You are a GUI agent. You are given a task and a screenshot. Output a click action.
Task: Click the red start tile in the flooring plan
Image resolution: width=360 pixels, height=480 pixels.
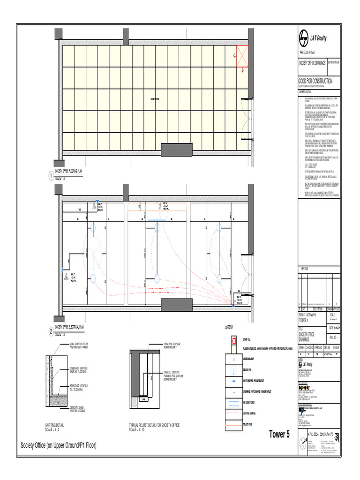[x=242, y=55]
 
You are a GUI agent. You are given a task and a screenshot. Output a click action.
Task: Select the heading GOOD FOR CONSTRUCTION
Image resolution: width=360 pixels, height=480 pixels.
[x=315, y=81]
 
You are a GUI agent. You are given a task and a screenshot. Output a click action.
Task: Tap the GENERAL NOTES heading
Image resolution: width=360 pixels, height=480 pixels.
[x=306, y=92]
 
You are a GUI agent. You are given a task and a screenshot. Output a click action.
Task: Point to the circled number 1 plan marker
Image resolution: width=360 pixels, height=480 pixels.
[x=51, y=176]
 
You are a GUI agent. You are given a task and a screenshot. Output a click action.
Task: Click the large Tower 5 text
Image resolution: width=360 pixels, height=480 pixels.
[x=279, y=434]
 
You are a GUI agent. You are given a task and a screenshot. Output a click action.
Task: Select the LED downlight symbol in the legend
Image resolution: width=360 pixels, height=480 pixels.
[x=232, y=359]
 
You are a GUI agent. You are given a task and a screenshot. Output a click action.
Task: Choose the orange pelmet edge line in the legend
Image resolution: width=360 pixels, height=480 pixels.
[x=232, y=424]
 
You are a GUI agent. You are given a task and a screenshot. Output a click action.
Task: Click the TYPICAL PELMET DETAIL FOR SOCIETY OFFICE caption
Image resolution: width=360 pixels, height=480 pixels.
[x=154, y=425]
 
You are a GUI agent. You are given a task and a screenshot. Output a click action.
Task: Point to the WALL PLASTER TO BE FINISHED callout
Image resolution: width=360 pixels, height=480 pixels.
[x=82, y=346]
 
